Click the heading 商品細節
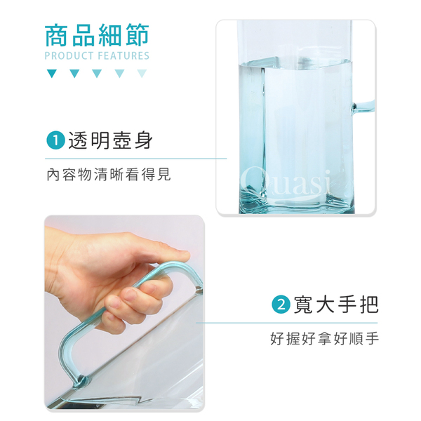pos(97,35)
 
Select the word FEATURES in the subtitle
pos(123,56)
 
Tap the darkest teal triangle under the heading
pos(51,74)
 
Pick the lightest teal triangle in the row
pos(142,74)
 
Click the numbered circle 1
pos(55,140)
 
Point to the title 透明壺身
pos(110,140)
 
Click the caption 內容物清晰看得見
pos(109,175)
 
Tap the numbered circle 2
pos(281,305)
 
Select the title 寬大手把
pos(336,305)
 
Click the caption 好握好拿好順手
pos(324,339)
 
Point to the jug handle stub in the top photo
pos(363,105)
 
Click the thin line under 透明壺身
pos(136,159)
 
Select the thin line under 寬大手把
pos(286,323)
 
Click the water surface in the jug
pos(295,62)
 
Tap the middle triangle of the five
pos(97,74)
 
